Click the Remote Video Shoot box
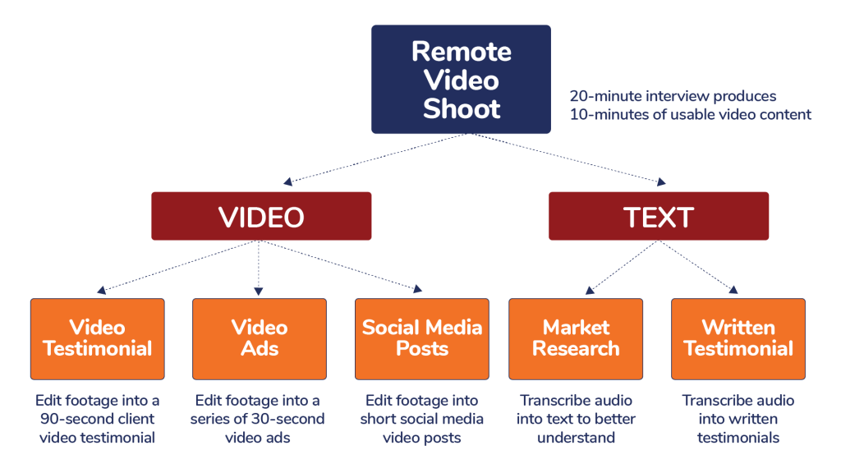461,79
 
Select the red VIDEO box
261,217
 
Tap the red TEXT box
659,217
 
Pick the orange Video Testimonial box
98,338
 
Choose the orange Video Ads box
260,338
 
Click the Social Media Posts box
422,338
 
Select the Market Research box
576,338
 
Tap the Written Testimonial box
738,338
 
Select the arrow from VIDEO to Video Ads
259,268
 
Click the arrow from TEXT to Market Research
621,267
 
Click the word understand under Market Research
576,438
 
